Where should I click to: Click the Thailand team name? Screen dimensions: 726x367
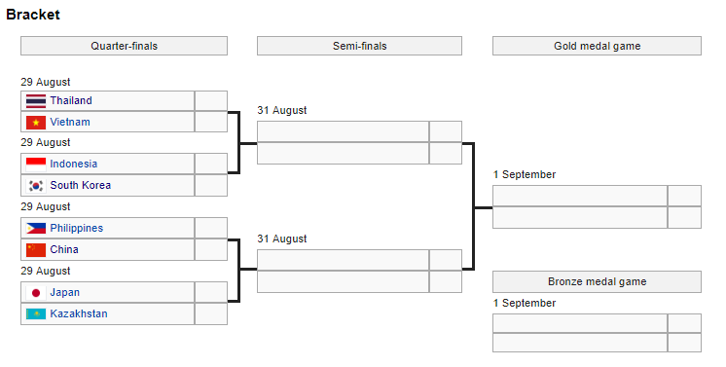(x=71, y=100)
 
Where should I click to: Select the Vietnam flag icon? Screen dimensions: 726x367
(x=36, y=122)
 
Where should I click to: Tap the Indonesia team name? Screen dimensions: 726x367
(x=74, y=164)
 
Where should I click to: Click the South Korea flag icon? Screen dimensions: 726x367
(x=36, y=185)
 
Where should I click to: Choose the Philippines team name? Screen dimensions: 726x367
(x=77, y=228)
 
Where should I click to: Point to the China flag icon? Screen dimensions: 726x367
(x=36, y=249)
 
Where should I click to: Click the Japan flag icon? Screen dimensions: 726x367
(x=36, y=292)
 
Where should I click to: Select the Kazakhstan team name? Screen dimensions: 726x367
(x=79, y=313)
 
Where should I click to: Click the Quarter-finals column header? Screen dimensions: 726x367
(x=124, y=46)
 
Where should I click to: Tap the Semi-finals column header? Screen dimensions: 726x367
(x=359, y=46)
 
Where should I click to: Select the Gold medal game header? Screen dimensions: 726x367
(x=597, y=46)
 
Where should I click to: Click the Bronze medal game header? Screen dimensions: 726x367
(x=597, y=281)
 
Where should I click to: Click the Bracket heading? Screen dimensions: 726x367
(x=32, y=15)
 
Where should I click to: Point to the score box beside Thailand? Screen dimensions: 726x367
(x=210, y=100)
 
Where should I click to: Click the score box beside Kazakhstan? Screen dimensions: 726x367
(x=210, y=313)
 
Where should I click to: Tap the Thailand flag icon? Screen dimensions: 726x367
(x=36, y=100)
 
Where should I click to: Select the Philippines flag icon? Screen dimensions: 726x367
(x=36, y=228)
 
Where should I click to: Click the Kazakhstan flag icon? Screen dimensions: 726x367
(x=36, y=313)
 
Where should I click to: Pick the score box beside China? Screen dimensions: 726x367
(x=210, y=249)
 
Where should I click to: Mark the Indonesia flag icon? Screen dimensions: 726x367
(x=36, y=164)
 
